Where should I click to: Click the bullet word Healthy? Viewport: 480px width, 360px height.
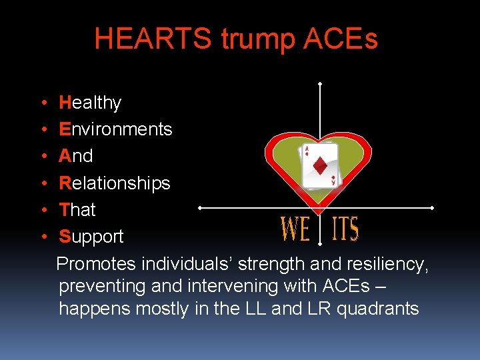pos(90,103)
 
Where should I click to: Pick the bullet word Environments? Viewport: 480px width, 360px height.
pos(115,129)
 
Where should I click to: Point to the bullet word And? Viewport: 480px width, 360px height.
pos(76,156)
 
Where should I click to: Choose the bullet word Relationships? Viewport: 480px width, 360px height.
pos(115,183)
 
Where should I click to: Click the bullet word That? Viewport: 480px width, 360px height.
pos(77,209)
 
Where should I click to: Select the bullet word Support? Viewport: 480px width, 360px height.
pos(91,237)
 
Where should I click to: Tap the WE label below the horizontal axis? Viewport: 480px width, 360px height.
pos(296,229)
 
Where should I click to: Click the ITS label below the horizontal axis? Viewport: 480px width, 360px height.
pos(345,229)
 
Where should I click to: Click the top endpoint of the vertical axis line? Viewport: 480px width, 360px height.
pos(321,83)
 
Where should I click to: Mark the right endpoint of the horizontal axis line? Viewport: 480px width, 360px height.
pos(433,208)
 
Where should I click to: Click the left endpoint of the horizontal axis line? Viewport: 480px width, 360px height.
pos(199,208)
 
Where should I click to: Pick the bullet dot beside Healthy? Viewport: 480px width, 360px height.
pos(43,103)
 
